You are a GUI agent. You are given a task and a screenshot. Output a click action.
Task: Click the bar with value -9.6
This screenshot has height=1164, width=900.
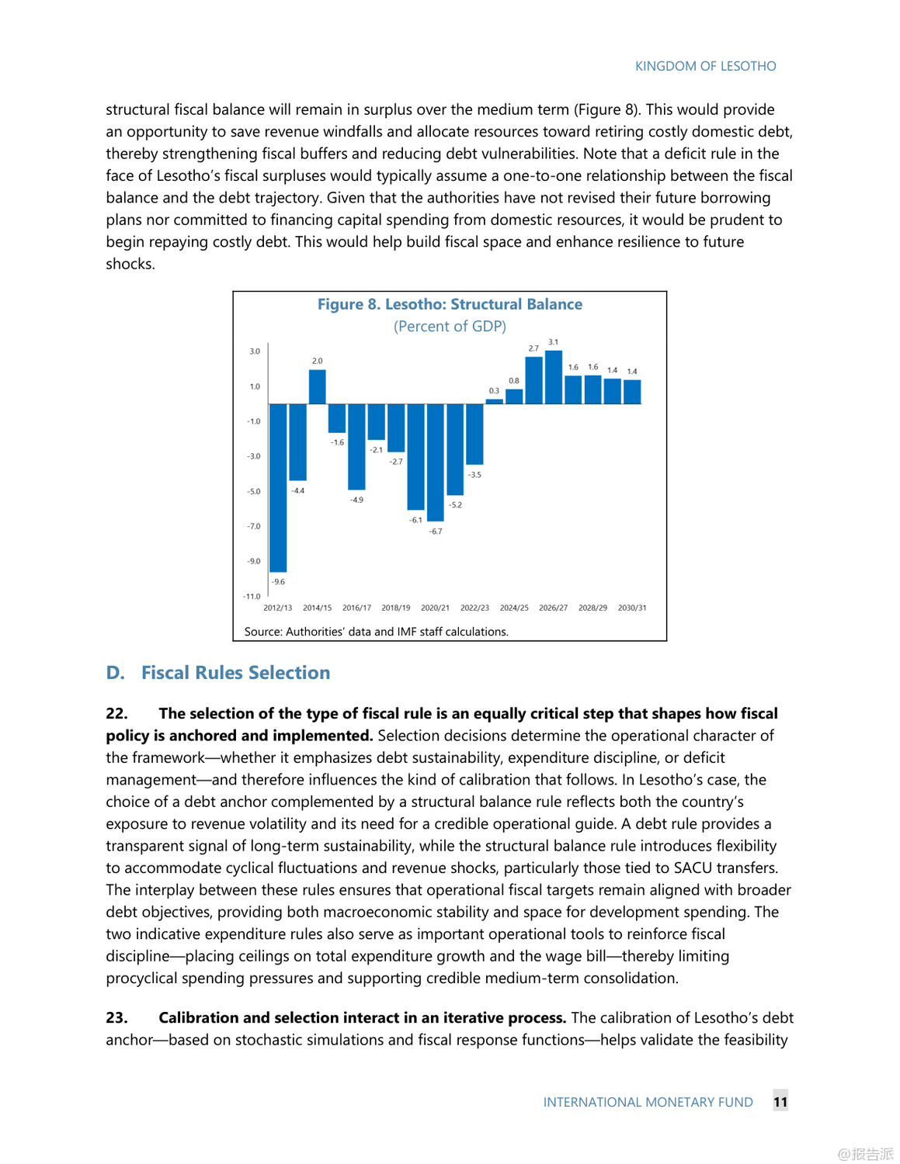click(x=278, y=487)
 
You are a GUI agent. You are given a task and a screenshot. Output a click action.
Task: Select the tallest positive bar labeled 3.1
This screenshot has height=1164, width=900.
click(x=554, y=377)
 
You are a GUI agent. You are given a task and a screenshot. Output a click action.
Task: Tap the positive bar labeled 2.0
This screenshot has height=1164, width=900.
click(x=317, y=386)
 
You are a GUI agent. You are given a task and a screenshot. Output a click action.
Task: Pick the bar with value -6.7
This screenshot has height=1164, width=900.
click(x=436, y=462)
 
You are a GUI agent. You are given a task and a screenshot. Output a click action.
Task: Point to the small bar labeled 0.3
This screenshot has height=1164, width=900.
click(x=494, y=401)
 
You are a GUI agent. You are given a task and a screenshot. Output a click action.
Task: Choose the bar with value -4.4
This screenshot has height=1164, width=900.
click(x=297, y=442)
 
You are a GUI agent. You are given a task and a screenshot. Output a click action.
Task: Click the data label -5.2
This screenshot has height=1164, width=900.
click(x=456, y=505)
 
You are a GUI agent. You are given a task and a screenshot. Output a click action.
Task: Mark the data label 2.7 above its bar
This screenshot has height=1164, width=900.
click(x=533, y=348)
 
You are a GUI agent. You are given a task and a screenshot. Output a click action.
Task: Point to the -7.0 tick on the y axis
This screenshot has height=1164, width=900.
click(x=254, y=526)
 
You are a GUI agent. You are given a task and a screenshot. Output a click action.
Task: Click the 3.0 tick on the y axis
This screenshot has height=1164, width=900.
click(x=255, y=352)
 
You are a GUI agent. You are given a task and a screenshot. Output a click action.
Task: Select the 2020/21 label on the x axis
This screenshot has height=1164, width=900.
click(x=435, y=608)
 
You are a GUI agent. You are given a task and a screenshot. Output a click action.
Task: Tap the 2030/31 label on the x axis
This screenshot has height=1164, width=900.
click(x=632, y=608)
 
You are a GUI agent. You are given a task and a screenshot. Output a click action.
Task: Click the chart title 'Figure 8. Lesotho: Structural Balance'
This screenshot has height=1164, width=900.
click(x=450, y=304)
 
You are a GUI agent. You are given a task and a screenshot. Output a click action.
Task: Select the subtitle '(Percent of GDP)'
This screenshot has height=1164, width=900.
click(x=450, y=326)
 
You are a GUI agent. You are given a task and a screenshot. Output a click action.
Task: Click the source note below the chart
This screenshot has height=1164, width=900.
click(x=376, y=632)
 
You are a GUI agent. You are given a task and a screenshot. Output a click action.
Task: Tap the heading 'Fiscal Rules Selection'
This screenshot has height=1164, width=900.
click(x=235, y=673)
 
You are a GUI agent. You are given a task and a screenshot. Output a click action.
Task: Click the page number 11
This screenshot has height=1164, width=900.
click(x=780, y=1101)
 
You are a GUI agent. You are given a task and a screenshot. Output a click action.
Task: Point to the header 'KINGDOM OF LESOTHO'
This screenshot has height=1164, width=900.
click(x=705, y=66)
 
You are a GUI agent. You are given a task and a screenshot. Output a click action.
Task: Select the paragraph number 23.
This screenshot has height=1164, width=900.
click(x=116, y=1017)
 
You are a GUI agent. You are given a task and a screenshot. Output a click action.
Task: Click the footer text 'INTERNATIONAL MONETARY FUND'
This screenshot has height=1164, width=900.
click(x=648, y=1102)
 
